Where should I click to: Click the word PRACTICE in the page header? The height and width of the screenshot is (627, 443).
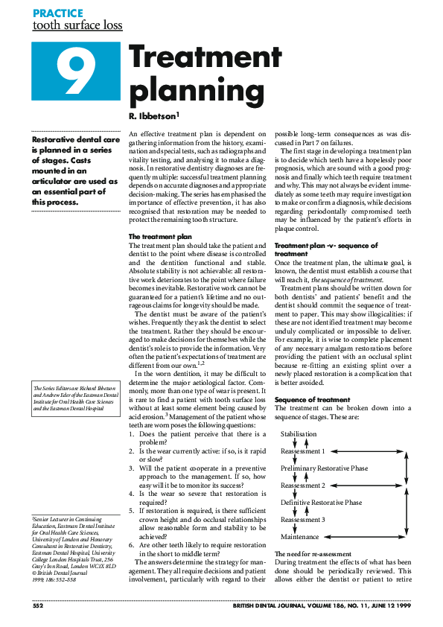[x=58, y=13]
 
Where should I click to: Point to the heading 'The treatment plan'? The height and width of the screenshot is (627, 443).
[x=157, y=235]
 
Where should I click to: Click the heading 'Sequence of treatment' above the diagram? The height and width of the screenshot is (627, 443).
[x=313, y=400]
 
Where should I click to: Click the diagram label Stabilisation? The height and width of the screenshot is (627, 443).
[x=299, y=434]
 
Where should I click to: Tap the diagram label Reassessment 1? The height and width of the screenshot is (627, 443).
[x=303, y=451]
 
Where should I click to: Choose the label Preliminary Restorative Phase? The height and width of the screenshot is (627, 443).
[x=324, y=468]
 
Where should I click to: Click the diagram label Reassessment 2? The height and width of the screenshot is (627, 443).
[x=303, y=486]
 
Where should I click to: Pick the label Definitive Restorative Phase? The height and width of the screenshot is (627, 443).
[x=321, y=503]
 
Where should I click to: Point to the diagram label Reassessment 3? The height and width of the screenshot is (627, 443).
[x=303, y=520]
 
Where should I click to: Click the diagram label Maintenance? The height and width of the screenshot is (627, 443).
[x=300, y=536]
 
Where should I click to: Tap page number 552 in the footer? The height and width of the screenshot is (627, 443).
[x=39, y=608]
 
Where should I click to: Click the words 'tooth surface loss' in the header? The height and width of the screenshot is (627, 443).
[x=77, y=26]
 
